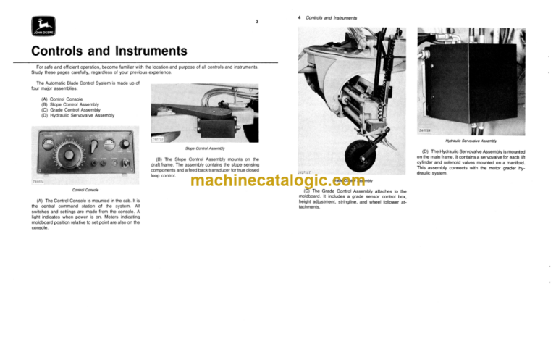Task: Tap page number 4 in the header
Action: pyautogui.click(x=300, y=16)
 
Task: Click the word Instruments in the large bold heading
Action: pyautogui.click(x=144, y=52)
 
